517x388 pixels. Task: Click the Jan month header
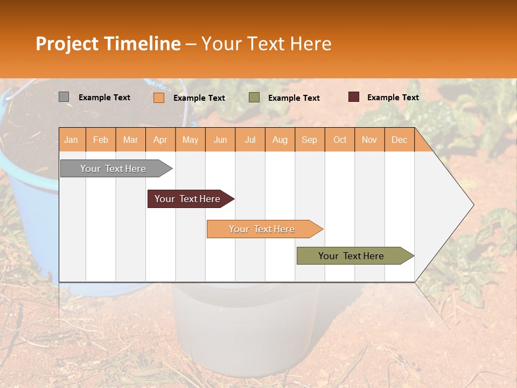tap(71, 140)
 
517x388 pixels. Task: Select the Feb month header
tap(101, 140)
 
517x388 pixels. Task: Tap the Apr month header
tap(160, 140)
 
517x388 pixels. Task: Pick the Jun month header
tap(220, 140)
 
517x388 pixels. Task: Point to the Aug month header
tap(280, 140)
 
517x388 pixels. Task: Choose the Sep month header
tap(309, 140)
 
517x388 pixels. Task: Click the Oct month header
tap(340, 140)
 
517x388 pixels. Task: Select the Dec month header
tap(399, 140)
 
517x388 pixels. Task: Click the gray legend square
tap(64, 97)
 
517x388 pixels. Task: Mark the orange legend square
tap(159, 98)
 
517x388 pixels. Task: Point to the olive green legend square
tap(254, 98)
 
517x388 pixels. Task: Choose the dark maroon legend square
tap(354, 97)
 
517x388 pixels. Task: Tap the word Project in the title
tap(67, 44)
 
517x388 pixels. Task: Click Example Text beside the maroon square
tap(393, 97)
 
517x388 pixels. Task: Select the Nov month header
tap(369, 140)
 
